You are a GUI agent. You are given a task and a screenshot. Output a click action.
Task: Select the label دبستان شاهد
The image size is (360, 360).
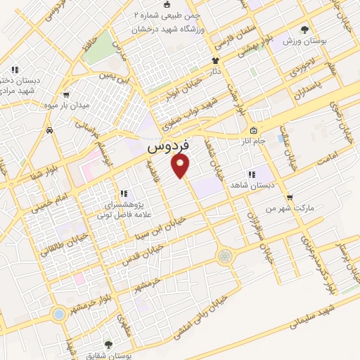tap(250, 185)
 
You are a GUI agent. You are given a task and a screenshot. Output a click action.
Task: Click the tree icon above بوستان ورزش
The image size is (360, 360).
tap(304, 30)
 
